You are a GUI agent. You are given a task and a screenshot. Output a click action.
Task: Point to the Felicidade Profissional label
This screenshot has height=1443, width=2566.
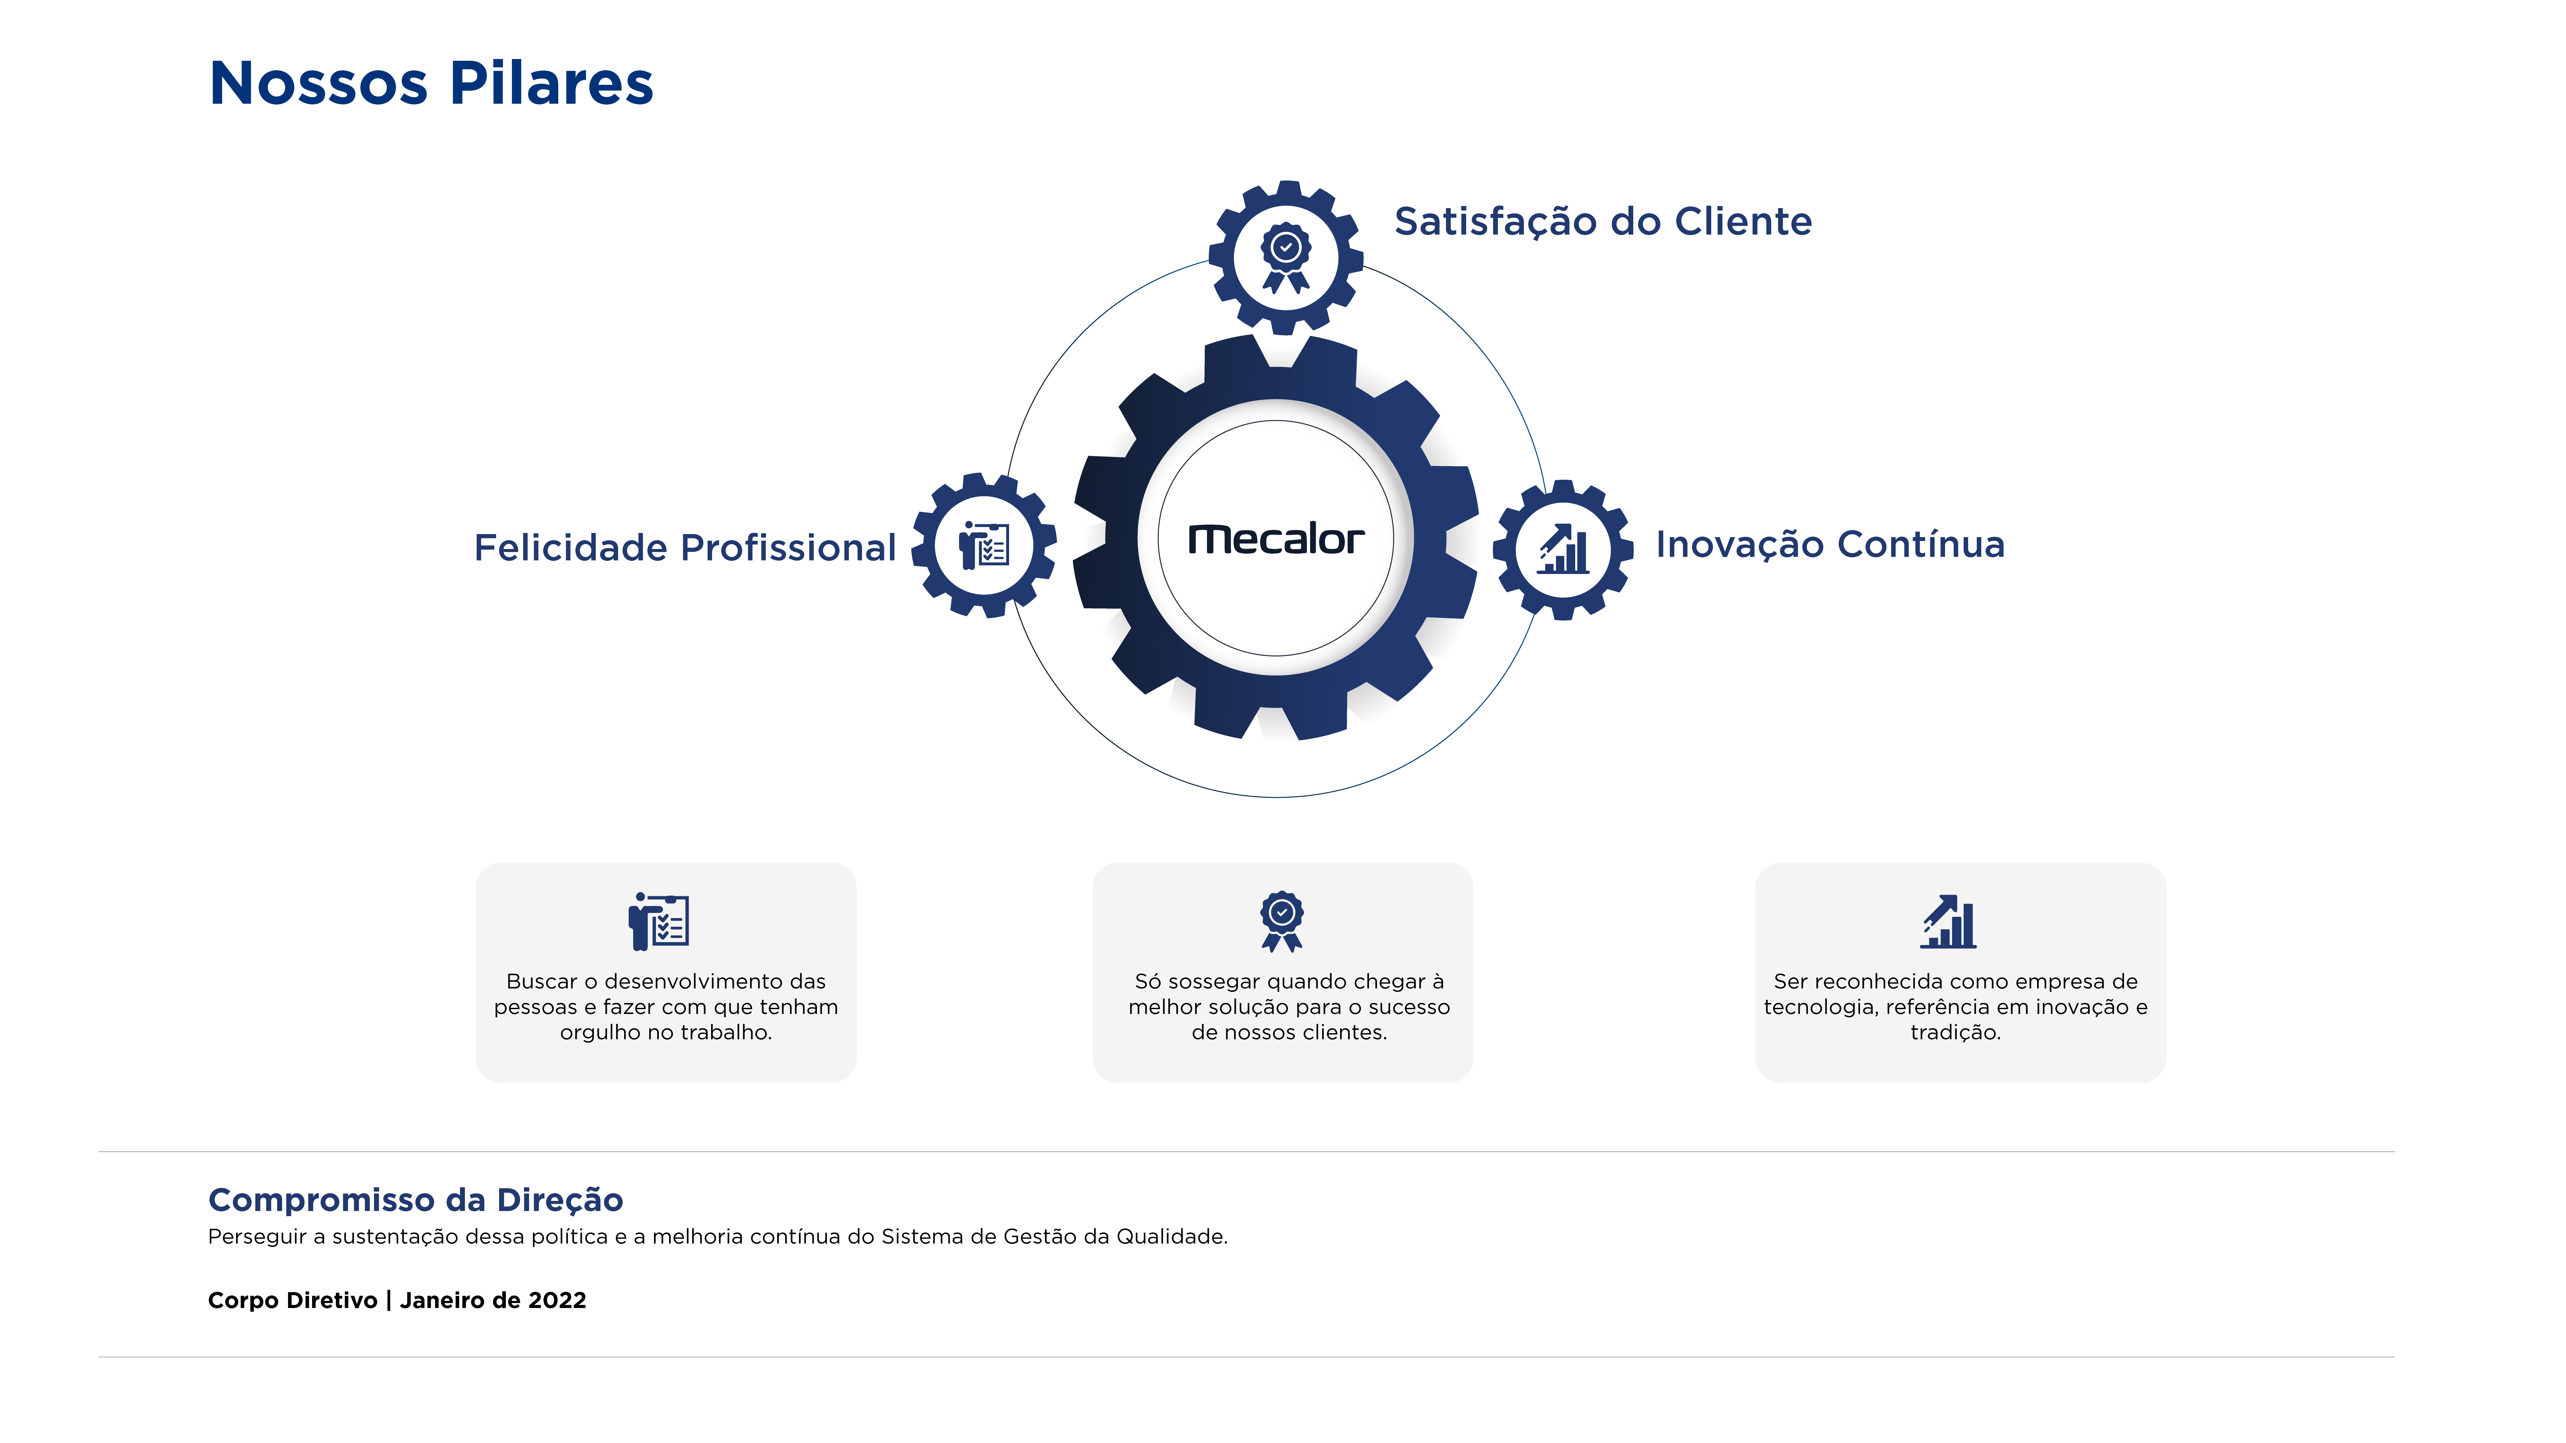[685, 548]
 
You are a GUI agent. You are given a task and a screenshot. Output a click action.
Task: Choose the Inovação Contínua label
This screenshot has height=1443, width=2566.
[1830, 545]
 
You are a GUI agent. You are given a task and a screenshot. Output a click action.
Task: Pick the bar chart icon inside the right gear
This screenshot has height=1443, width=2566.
[1563, 549]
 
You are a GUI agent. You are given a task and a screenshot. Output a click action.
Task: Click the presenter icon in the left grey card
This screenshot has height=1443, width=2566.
[658, 921]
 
